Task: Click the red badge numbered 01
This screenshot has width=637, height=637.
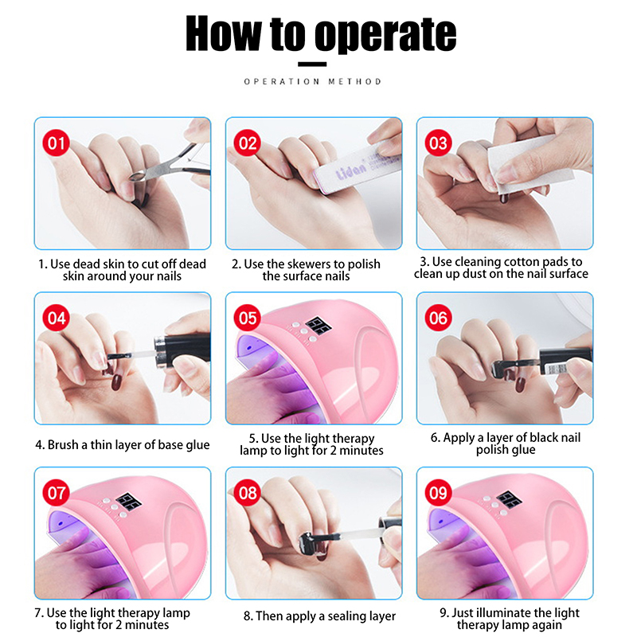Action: pos(56,143)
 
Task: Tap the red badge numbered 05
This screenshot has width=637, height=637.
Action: pos(248,318)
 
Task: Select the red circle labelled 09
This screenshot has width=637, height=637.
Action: pos(439,493)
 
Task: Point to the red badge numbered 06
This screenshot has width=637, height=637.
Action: pos(439,318)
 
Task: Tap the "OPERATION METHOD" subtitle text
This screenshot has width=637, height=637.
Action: pos(312,82)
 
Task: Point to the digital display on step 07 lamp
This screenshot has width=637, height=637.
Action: pos(129,502)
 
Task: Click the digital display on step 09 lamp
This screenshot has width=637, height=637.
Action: pos(509,500)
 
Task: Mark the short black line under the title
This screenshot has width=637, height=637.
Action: pos(312,64)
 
